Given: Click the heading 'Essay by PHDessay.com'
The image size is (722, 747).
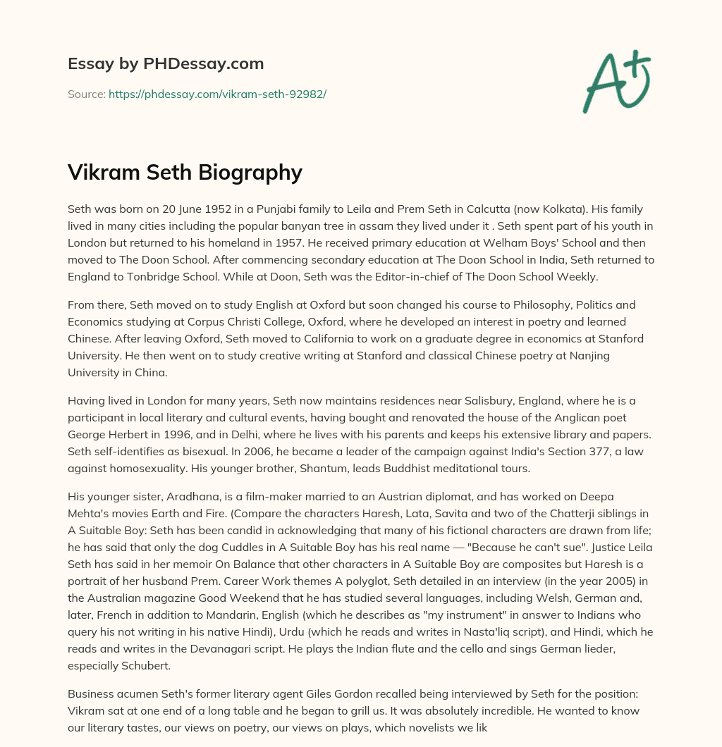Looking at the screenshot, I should (166, 64).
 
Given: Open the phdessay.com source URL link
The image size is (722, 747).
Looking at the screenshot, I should (217, 94).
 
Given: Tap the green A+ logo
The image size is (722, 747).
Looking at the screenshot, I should (616, 82).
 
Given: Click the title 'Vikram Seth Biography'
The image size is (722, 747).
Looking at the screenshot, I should (185, 173).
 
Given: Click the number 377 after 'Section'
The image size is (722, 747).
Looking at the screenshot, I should (547, 452).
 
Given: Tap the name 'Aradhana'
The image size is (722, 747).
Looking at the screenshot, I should (183, 497).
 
